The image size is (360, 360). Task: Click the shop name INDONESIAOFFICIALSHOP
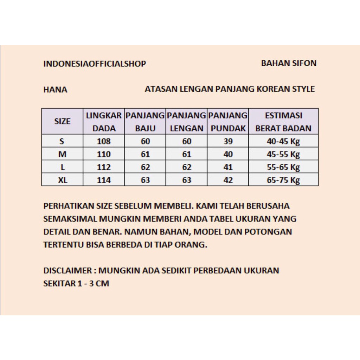point(95,64)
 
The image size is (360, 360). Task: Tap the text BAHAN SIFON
point(289,63)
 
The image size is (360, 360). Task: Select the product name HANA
point(55,90)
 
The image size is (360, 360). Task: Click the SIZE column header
point(62,121)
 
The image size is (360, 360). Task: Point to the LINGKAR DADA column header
point(104,122)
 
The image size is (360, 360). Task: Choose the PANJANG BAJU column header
point(145,122)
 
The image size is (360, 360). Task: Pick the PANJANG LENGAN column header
point(187,122)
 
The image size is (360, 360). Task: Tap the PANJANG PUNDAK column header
point(228,122)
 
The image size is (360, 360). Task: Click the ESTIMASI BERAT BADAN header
point(283,122)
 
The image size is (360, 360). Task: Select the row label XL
point(62,180)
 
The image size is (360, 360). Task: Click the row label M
point(62,154)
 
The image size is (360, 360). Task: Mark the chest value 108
point(104,142)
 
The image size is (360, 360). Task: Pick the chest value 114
point(104,180)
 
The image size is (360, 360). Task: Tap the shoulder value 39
point(228,142)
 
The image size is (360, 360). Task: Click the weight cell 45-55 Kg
point(283,154)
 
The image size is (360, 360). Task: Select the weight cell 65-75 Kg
point(283,180)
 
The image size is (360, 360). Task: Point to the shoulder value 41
point(228,167)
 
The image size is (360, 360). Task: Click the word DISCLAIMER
point(67,271)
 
